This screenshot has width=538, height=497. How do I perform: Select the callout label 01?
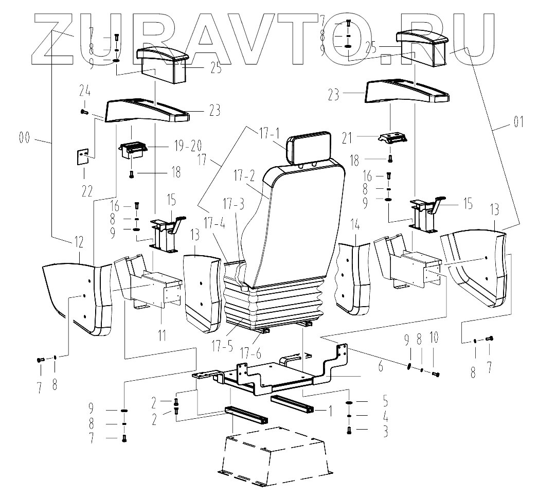coord(517,123)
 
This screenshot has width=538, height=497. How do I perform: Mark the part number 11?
coord(162,337)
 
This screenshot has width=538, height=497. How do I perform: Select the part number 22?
coord(86,190)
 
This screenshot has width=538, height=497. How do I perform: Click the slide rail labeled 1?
coord(292,406)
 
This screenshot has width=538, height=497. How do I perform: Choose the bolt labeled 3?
coord(349,430)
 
